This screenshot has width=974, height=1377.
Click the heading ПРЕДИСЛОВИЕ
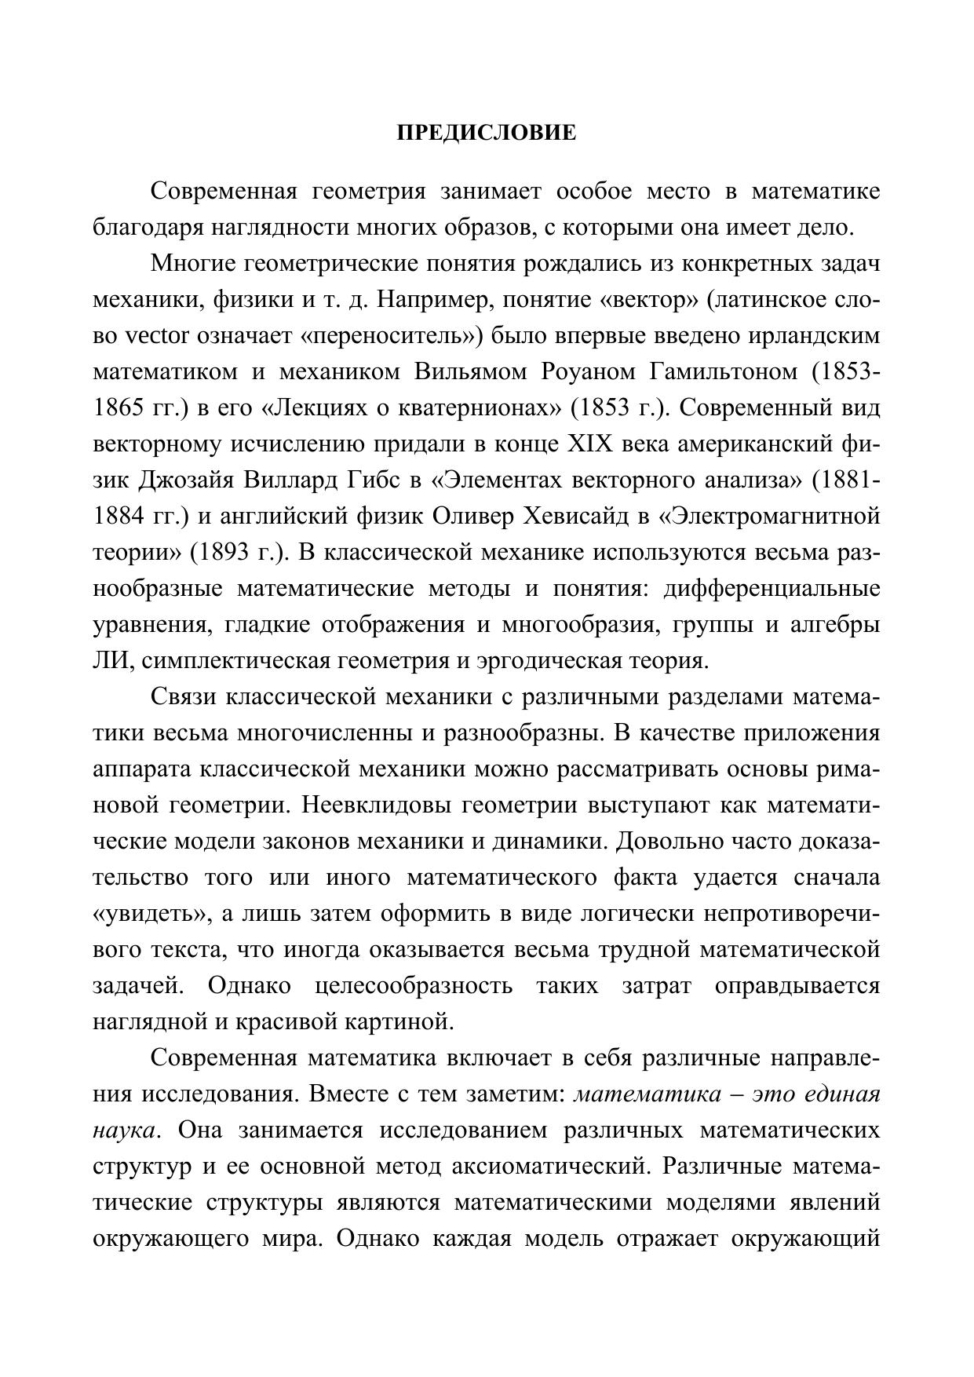[487, 133]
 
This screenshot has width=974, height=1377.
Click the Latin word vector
[157, 336]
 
